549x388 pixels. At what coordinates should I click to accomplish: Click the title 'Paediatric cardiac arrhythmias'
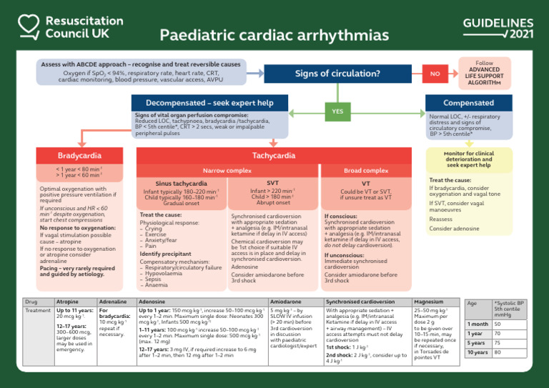point(274,36)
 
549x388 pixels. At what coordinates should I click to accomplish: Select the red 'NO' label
point(434,73)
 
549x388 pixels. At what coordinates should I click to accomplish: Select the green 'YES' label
point(338,111)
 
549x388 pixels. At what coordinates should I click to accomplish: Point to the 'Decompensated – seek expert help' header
point(209,103)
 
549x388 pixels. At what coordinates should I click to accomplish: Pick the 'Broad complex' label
point(366,171)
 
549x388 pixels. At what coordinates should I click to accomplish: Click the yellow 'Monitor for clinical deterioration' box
point(468,159)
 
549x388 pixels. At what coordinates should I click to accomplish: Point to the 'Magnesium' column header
point(428,302)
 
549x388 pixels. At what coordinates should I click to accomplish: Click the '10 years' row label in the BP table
point(477,352)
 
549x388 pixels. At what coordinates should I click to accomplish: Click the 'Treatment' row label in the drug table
point(38,311)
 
